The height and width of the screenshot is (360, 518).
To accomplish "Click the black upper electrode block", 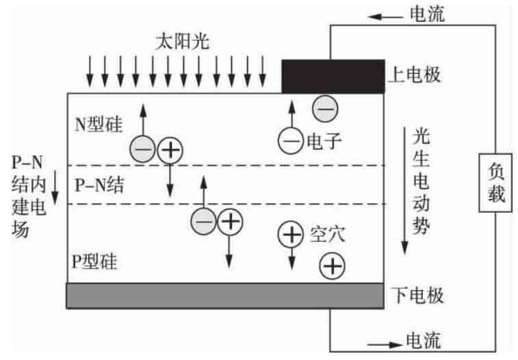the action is click(x=333, y=76).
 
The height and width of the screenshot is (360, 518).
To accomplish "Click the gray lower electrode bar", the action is click(x=225, y=296).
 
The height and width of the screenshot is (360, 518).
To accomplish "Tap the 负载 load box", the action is click(x=495, y=183).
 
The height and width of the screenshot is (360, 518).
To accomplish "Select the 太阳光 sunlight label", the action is click(x=182, y=42).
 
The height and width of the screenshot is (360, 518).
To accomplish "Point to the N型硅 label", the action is click(x=99, y=125).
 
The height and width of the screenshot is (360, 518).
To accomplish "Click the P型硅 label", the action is click(x=94, y=261).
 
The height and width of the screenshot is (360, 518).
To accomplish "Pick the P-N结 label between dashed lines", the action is click(x=99, y=185).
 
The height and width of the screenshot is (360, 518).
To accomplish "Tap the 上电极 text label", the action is click(x=414, y=75).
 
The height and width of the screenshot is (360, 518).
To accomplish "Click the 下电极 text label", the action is click(x=417, y=295).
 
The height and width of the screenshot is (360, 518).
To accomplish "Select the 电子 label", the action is click(x=324, y=141).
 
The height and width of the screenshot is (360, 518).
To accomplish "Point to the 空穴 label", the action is click(x=327, y=234).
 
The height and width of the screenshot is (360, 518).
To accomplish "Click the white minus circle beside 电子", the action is click(x=291, y=141).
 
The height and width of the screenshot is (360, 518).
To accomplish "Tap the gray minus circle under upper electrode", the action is click(x=325, y=108).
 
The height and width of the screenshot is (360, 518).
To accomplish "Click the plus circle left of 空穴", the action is click(x=291, y=234).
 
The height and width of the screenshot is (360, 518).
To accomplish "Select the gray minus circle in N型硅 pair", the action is click(x=142, y=149).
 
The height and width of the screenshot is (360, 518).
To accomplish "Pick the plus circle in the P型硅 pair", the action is click(x=230, y=222).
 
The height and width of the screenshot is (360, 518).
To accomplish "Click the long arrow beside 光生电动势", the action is click(x=404, y=191).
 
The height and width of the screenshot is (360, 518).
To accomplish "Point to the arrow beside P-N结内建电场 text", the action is click(x=55, y=188).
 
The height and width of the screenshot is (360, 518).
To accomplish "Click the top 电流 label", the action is click(x=427, y=14).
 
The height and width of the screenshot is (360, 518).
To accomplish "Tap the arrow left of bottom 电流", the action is click(x=385, y=345).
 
